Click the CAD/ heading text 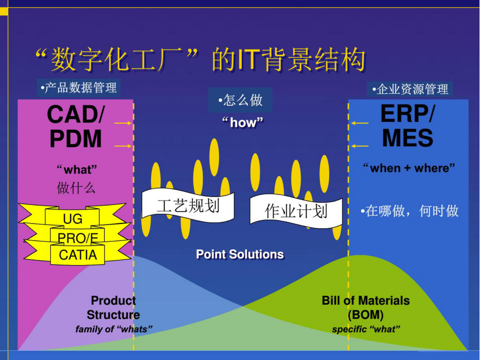76,115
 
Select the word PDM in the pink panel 75,139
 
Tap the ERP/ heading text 408,114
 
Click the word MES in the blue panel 408,138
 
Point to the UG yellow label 72,218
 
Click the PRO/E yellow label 78,238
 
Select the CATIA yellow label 78,255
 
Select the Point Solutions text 240,254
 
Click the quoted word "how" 243,122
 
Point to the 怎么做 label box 240,100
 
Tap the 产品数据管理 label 79,88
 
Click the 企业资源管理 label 410,89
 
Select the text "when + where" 409,168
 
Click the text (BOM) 366,315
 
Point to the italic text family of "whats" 114,329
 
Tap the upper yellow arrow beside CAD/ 123,123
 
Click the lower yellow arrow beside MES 360,146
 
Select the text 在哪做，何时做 410,211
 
